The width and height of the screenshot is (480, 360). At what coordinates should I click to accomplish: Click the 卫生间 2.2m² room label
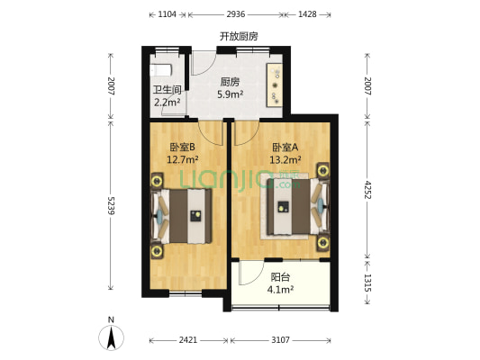167,95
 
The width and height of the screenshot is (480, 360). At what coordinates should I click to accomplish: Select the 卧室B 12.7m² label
183,154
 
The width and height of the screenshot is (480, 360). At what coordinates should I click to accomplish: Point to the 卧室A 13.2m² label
285,154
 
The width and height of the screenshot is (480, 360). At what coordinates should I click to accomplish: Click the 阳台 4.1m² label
280,283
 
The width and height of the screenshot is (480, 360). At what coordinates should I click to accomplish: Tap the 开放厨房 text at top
239,36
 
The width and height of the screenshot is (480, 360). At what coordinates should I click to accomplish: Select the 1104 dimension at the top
167,15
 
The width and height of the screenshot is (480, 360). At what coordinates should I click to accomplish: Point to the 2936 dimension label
236,15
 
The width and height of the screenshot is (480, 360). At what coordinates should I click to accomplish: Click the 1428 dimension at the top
307,15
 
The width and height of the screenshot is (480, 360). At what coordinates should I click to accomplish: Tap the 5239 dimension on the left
111,203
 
